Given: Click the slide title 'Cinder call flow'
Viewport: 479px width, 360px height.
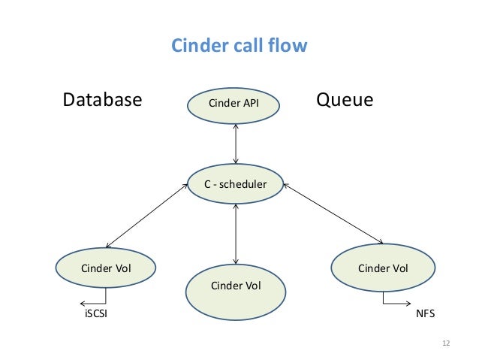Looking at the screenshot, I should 239,46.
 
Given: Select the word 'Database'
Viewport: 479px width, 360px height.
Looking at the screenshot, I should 102,100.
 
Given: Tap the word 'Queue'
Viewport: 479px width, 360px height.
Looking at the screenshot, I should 345,100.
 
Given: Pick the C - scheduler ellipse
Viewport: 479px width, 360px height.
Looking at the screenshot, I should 236,183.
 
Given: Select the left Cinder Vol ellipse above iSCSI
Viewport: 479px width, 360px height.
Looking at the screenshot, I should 106,268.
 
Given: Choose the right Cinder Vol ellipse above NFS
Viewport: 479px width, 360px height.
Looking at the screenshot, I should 383,268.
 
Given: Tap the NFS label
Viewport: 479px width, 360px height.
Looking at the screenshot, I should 425,313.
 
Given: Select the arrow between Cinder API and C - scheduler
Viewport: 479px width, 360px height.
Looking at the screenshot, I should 236,144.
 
